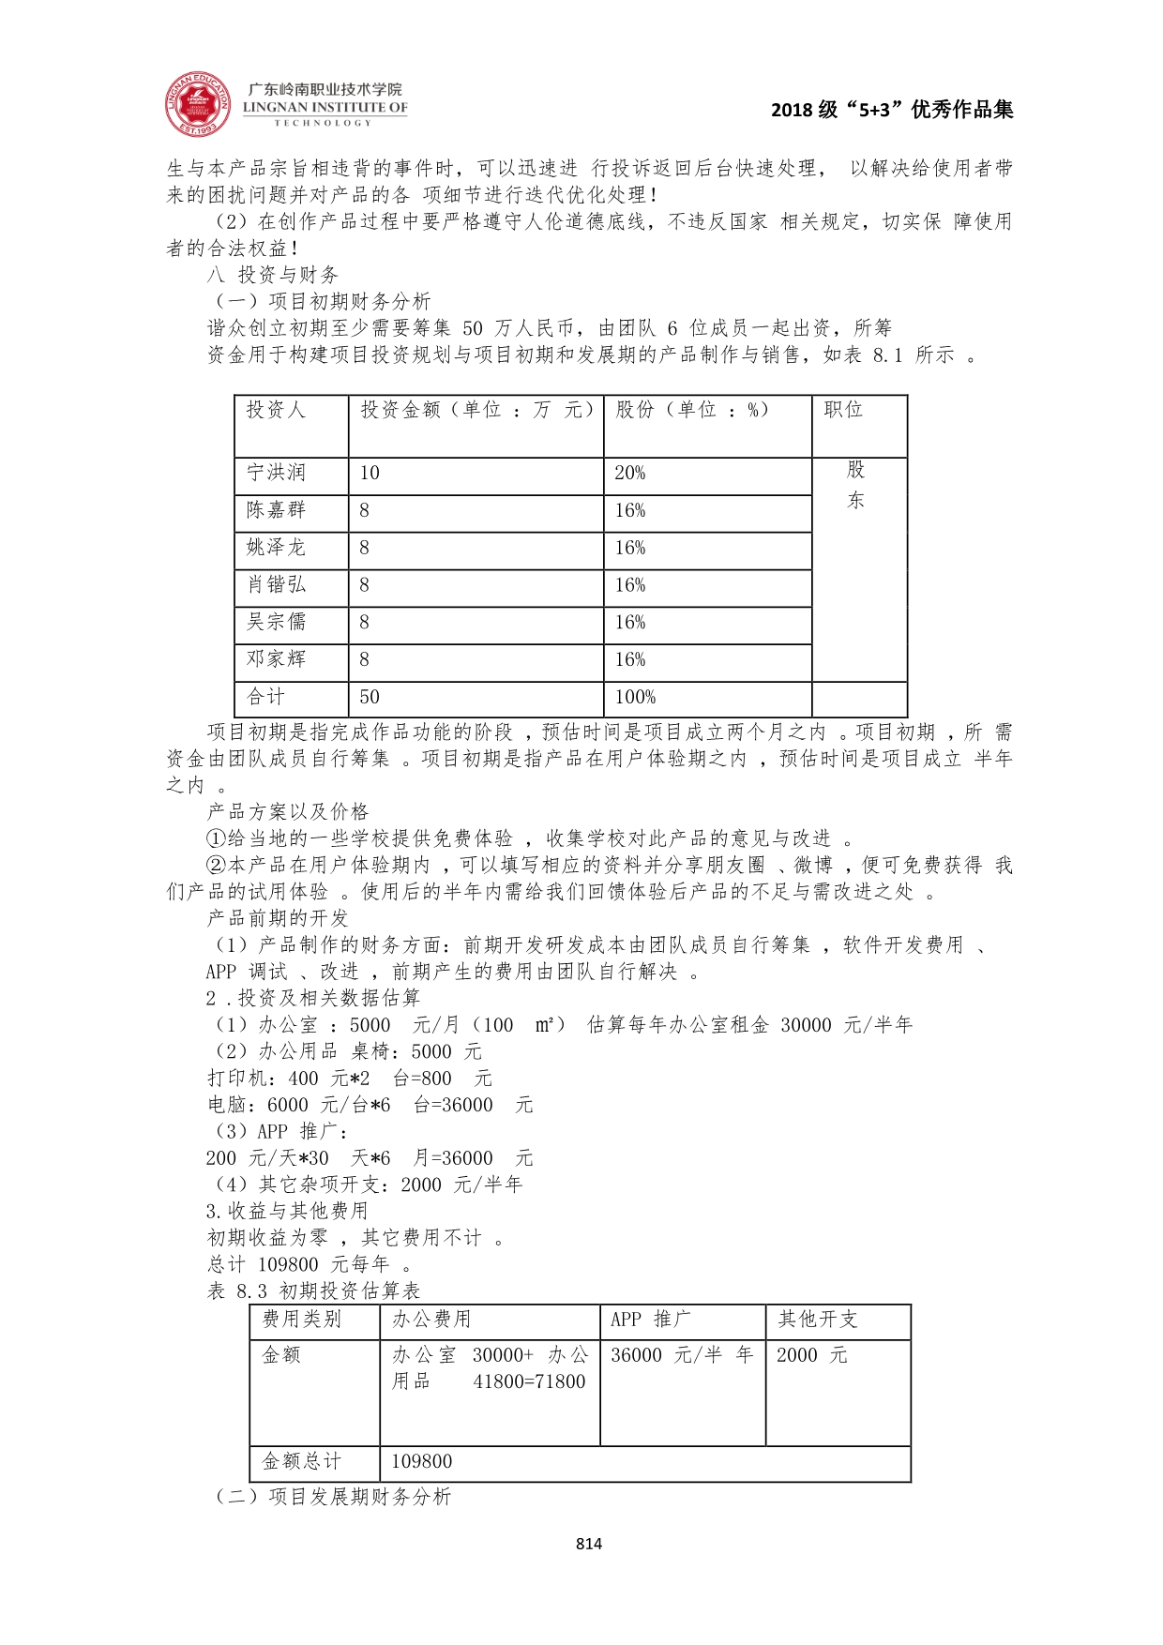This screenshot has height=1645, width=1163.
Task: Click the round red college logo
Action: coord(198,103)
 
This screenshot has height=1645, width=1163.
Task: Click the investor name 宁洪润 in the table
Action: coord(276,473)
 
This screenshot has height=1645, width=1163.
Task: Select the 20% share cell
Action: coord(630,474)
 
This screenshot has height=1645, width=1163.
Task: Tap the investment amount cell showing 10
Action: coord(370,474)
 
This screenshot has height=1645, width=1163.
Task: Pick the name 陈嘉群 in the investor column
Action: coord(276,510)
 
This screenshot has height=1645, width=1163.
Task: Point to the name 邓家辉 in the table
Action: coord(276,659)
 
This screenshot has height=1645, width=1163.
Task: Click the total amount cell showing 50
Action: coord(370,697)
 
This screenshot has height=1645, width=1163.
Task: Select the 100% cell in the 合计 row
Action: coord(635,697)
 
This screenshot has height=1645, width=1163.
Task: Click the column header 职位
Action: coord(843,410)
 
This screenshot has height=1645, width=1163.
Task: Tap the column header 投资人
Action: coord(276,410)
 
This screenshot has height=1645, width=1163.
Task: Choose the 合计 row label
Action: coord(265,697)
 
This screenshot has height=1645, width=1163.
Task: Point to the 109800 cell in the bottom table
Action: coord(421,1461)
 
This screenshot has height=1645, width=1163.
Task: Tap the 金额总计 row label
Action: coord(301,1461)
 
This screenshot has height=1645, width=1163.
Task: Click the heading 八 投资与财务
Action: coord(272,275)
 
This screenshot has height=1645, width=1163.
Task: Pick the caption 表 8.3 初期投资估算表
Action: coord(313,1291)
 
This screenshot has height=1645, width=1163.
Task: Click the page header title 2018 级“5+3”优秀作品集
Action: coord(892,110)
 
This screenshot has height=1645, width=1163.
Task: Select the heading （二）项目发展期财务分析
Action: coord(333,1497)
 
